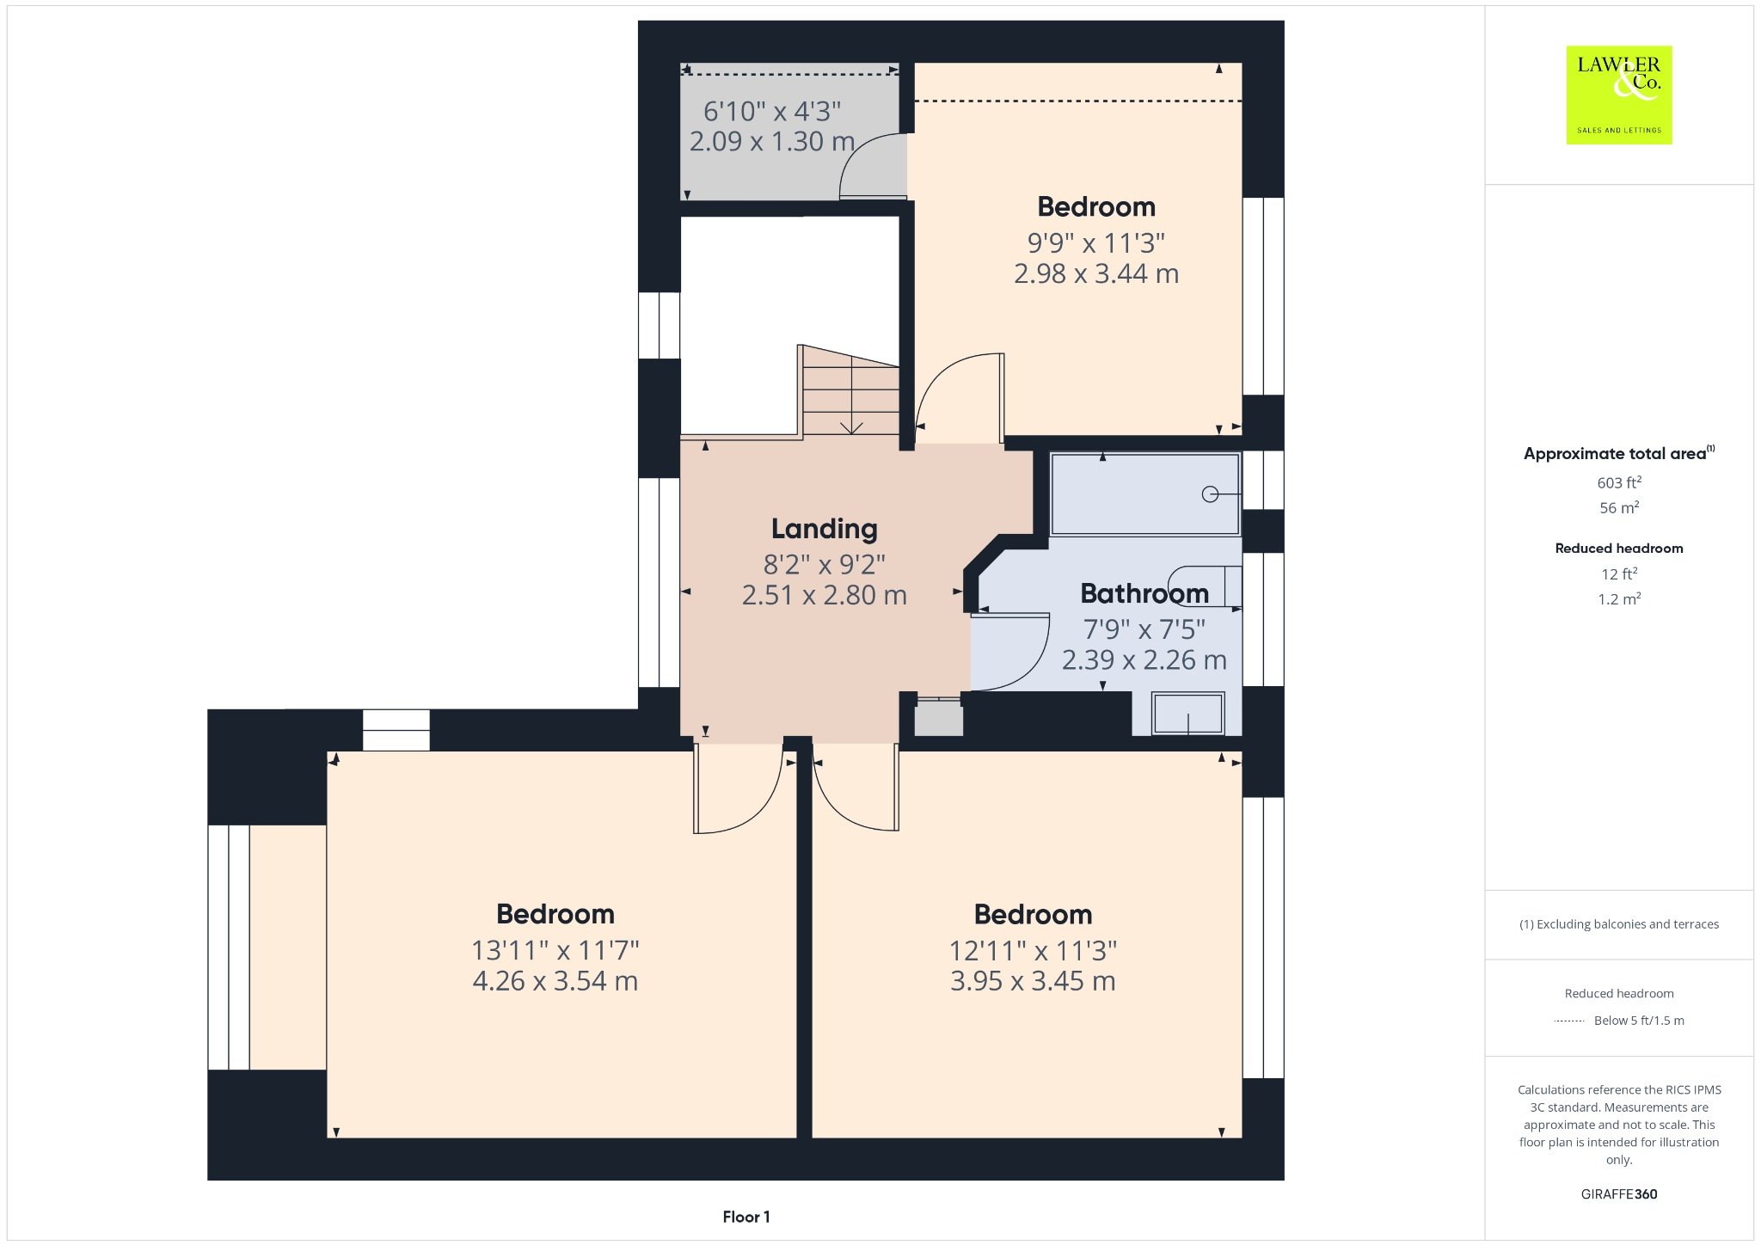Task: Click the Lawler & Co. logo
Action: point(1618,95)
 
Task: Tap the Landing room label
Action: point(824,529)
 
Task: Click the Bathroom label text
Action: point(1144,593)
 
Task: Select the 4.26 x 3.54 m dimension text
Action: point(555,981)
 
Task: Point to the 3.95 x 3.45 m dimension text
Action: point(1032,981)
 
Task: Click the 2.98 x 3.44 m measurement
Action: point(1095,273)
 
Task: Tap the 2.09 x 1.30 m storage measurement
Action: point(771,141)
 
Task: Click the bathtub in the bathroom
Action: point(1144,494)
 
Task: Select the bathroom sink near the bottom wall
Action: point(1187,714)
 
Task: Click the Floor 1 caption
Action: point(746,1217)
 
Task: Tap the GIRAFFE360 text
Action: point(1618,1193)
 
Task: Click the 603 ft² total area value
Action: point(1618,482)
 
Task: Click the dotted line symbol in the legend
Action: point(1569,1021)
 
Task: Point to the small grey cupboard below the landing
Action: point(938,718)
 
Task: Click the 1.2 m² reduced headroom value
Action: point(1618,599)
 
